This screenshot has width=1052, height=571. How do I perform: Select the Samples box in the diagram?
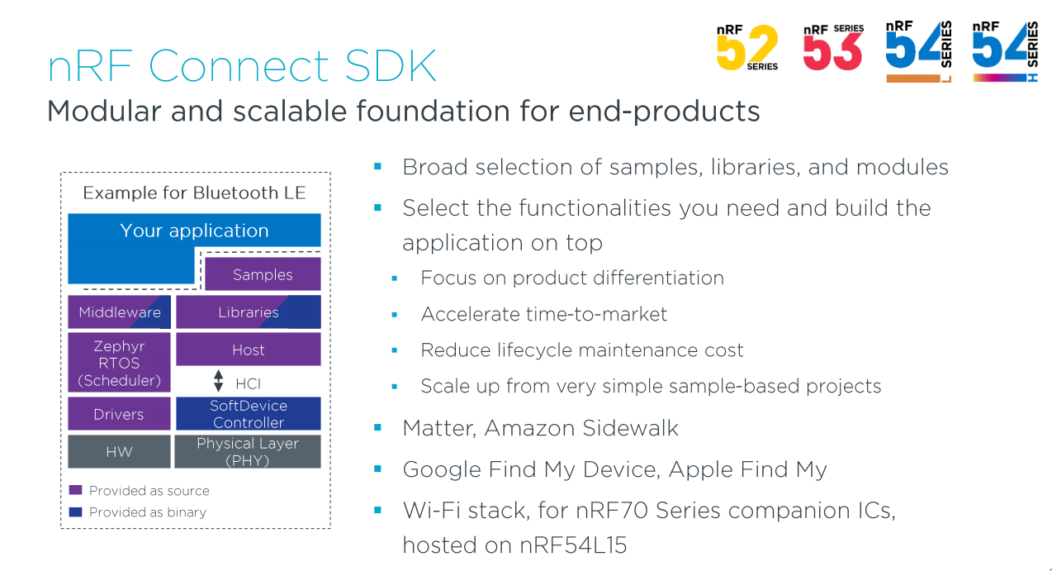[263, 274]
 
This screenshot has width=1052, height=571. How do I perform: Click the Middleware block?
[120, 312]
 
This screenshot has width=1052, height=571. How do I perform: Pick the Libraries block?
[248, 312]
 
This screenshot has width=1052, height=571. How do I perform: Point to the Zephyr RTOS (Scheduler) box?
[120, 363]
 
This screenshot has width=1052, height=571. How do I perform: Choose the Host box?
[248, 350]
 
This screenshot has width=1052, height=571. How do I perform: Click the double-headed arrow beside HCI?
[219, 382]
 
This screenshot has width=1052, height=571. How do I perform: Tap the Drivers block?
[120, 414]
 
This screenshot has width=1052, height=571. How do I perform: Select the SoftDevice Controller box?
[248, 414]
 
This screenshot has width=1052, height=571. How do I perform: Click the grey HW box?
[120, 452]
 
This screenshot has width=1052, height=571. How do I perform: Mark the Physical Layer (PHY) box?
[248, 452]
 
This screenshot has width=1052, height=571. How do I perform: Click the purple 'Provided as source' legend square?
[76, 490]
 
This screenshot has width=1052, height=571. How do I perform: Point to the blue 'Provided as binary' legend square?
[76, 512]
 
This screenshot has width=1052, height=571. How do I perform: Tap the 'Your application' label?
[194, 231]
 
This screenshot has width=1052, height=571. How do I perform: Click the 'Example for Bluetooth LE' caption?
[194, 193]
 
